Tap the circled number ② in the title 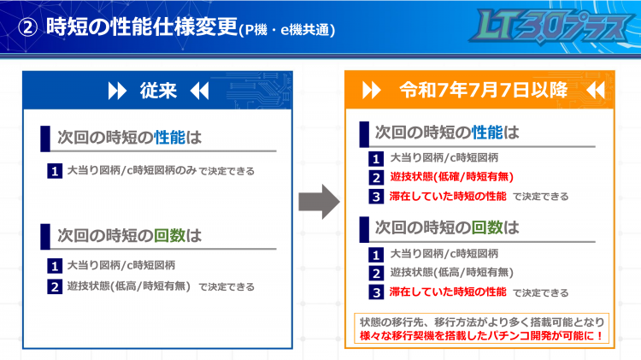pyautogui.click(x=28, y=28)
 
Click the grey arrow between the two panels pyautogui.click(x=320, y=202)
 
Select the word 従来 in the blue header pyautogui.click(x=158, y=91)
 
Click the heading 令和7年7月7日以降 pyautogui.click(x=484, y=90)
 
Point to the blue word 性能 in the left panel pyautogui.click(x=170, y=138)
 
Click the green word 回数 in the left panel pyautogui.click(x=170, y=235)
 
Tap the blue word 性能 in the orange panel pyautogui.click(x=487, y=133)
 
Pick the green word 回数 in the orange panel pyautogui.click(x=487, y=227)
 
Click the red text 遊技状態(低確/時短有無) pyautogui.click(x=452, y=177)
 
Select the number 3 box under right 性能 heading pyautogui.click(x=376, y=197)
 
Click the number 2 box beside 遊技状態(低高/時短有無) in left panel pyautogui.click(x=55, y=286)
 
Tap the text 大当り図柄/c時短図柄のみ pyautogui.click(x=132, y=170)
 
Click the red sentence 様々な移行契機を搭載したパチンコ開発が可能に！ pyautogui.click(x=481, y=336)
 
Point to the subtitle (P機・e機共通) pyautogui.click(x=286, y=30)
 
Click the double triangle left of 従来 pyautogui.click(x=117, y=91)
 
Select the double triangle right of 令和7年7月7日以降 pyautogui.click(x=596, y=90)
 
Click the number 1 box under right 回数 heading pyautogui.click(x=376, y=255)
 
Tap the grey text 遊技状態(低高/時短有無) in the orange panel pyautogui.click(x=452, y=273)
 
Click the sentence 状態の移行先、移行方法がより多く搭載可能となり pyautogui.click(x=482, y=322)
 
